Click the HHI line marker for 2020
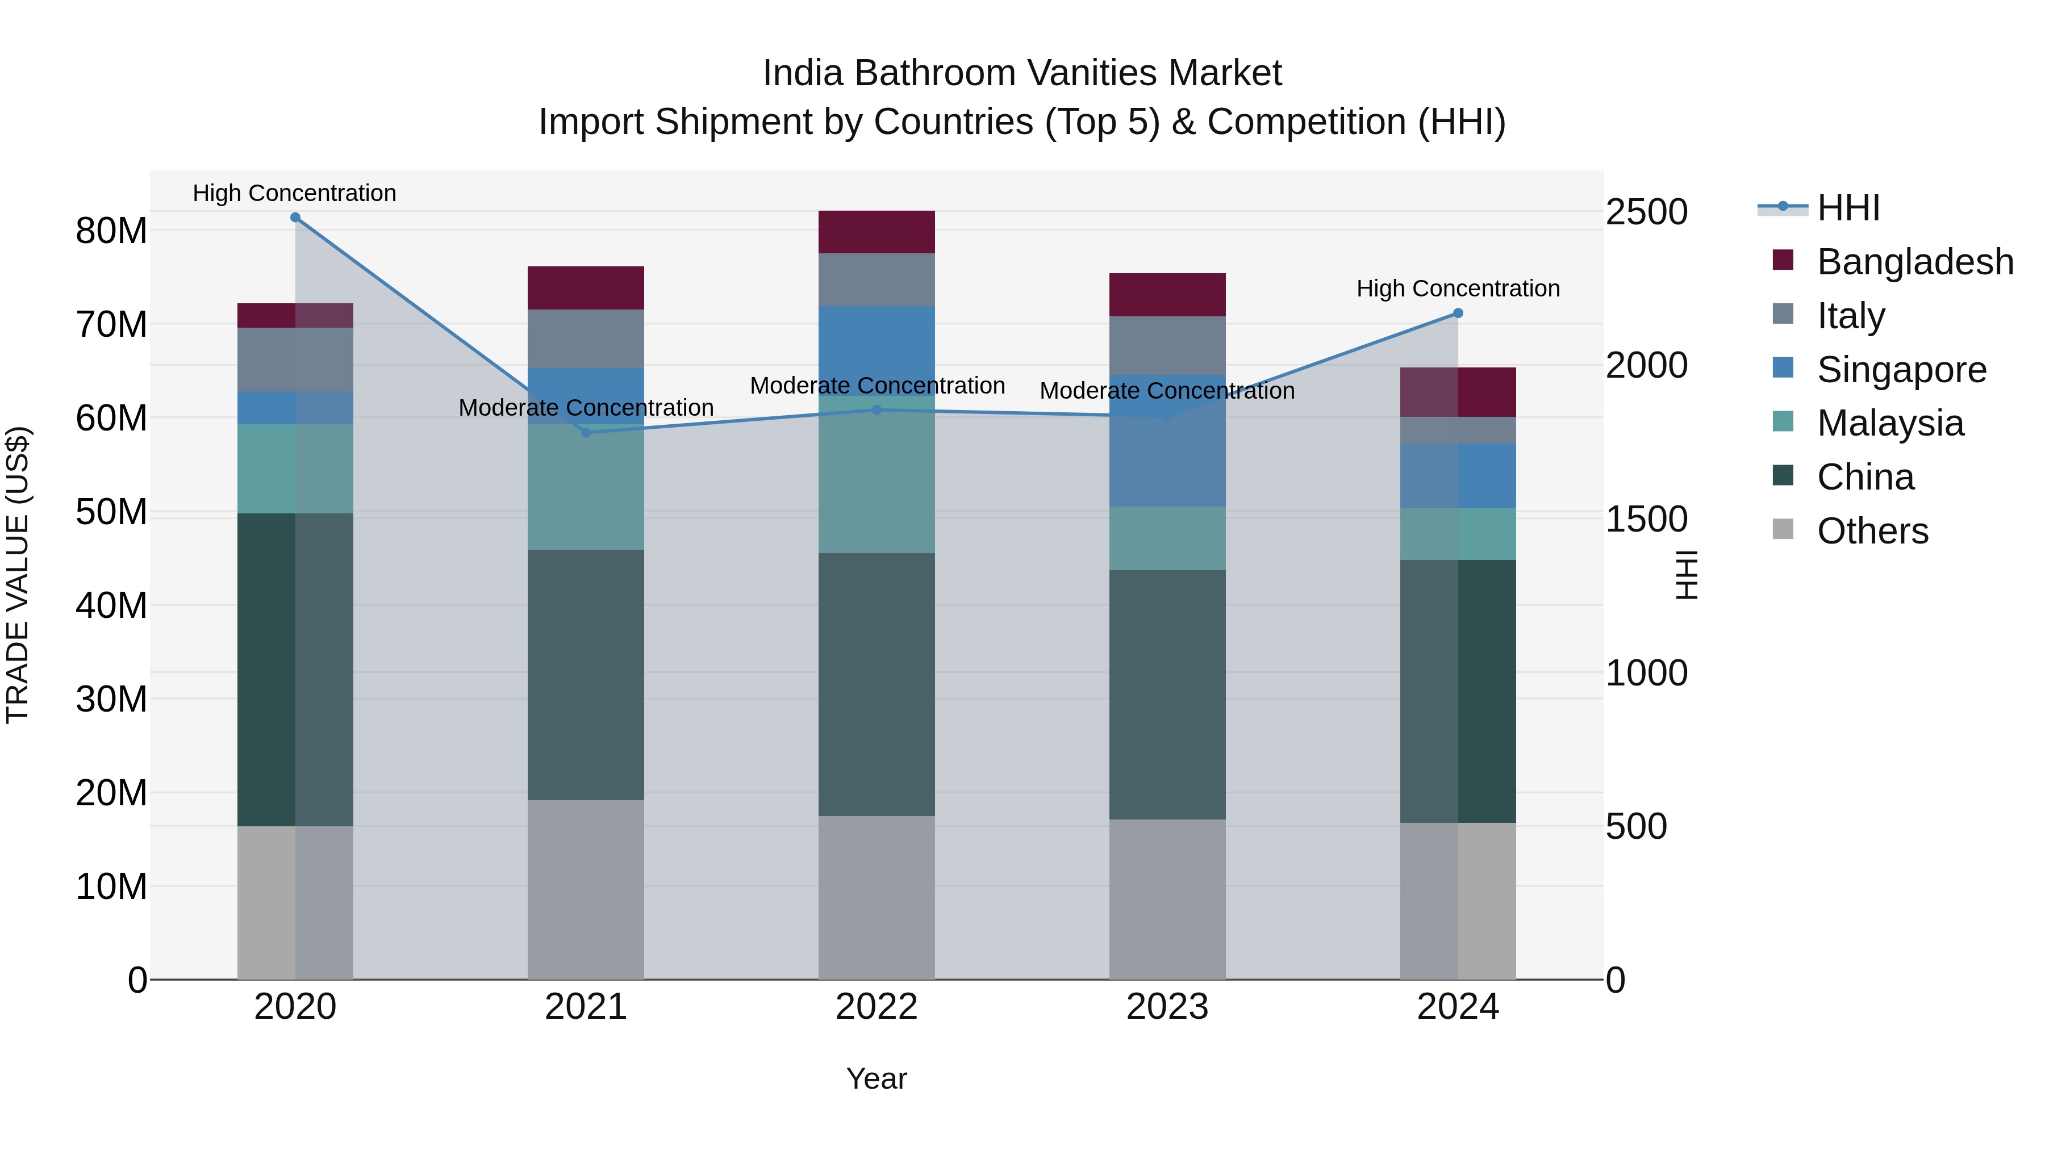tap(295, 218)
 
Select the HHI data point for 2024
tap(1458, 313)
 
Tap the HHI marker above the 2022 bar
tap(877, 411)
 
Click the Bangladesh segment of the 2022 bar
tap(877, 232)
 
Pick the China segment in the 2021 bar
tap(586, 675)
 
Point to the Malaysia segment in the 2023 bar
tap(1167, 538)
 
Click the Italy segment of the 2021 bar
tap(586, 339)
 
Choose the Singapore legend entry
tap(1901, 370)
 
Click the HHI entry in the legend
tap(1847, 208)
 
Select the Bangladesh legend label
tap(1915, 262)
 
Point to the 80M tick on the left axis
tap(111, 231)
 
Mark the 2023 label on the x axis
tap(1167, 1007)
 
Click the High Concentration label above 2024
tap(1458, 289)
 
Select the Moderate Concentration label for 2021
tap(586, 408)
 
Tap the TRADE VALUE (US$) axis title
tap(18, 575)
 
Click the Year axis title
tap(877, 1078)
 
